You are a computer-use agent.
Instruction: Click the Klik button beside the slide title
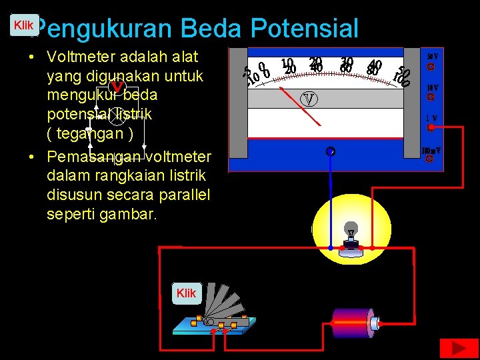24,25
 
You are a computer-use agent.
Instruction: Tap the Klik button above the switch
187,293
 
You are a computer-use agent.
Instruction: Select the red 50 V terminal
431,67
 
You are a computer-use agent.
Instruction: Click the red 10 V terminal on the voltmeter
431,97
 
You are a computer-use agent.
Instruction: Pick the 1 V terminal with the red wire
431,127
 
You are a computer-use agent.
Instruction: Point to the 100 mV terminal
430,159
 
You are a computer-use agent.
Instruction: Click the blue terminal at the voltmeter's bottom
330,152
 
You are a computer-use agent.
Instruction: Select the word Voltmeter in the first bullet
90,57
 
